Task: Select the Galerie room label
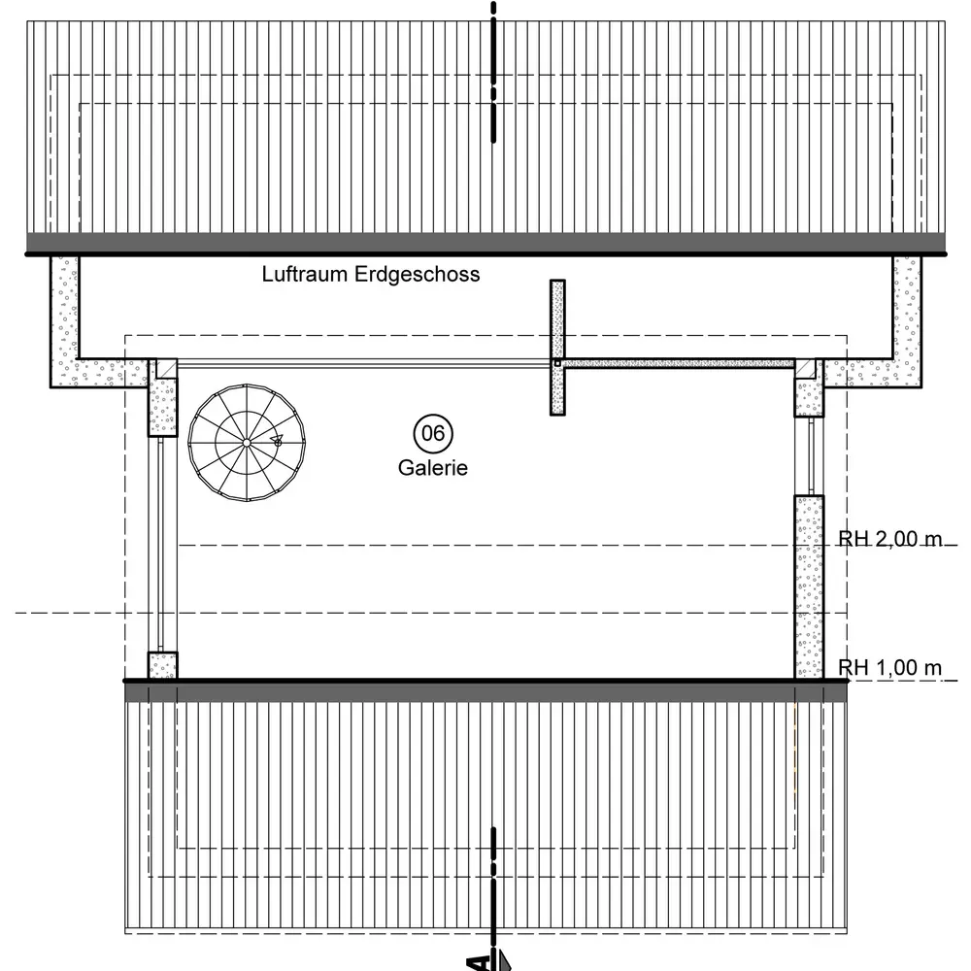[x=433, y=468]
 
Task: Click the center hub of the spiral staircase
[x=247, y=443]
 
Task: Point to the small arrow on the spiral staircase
[x=278, y=441]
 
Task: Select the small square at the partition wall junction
[x=557, y=363]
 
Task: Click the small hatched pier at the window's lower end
[x=162, y=665]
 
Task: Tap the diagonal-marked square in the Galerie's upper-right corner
[x=805, y=367]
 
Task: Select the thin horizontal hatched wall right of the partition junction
[x=680, y=363]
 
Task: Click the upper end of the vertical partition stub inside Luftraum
[x=557, y=287]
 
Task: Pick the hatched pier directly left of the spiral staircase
[x=162, y=403]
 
